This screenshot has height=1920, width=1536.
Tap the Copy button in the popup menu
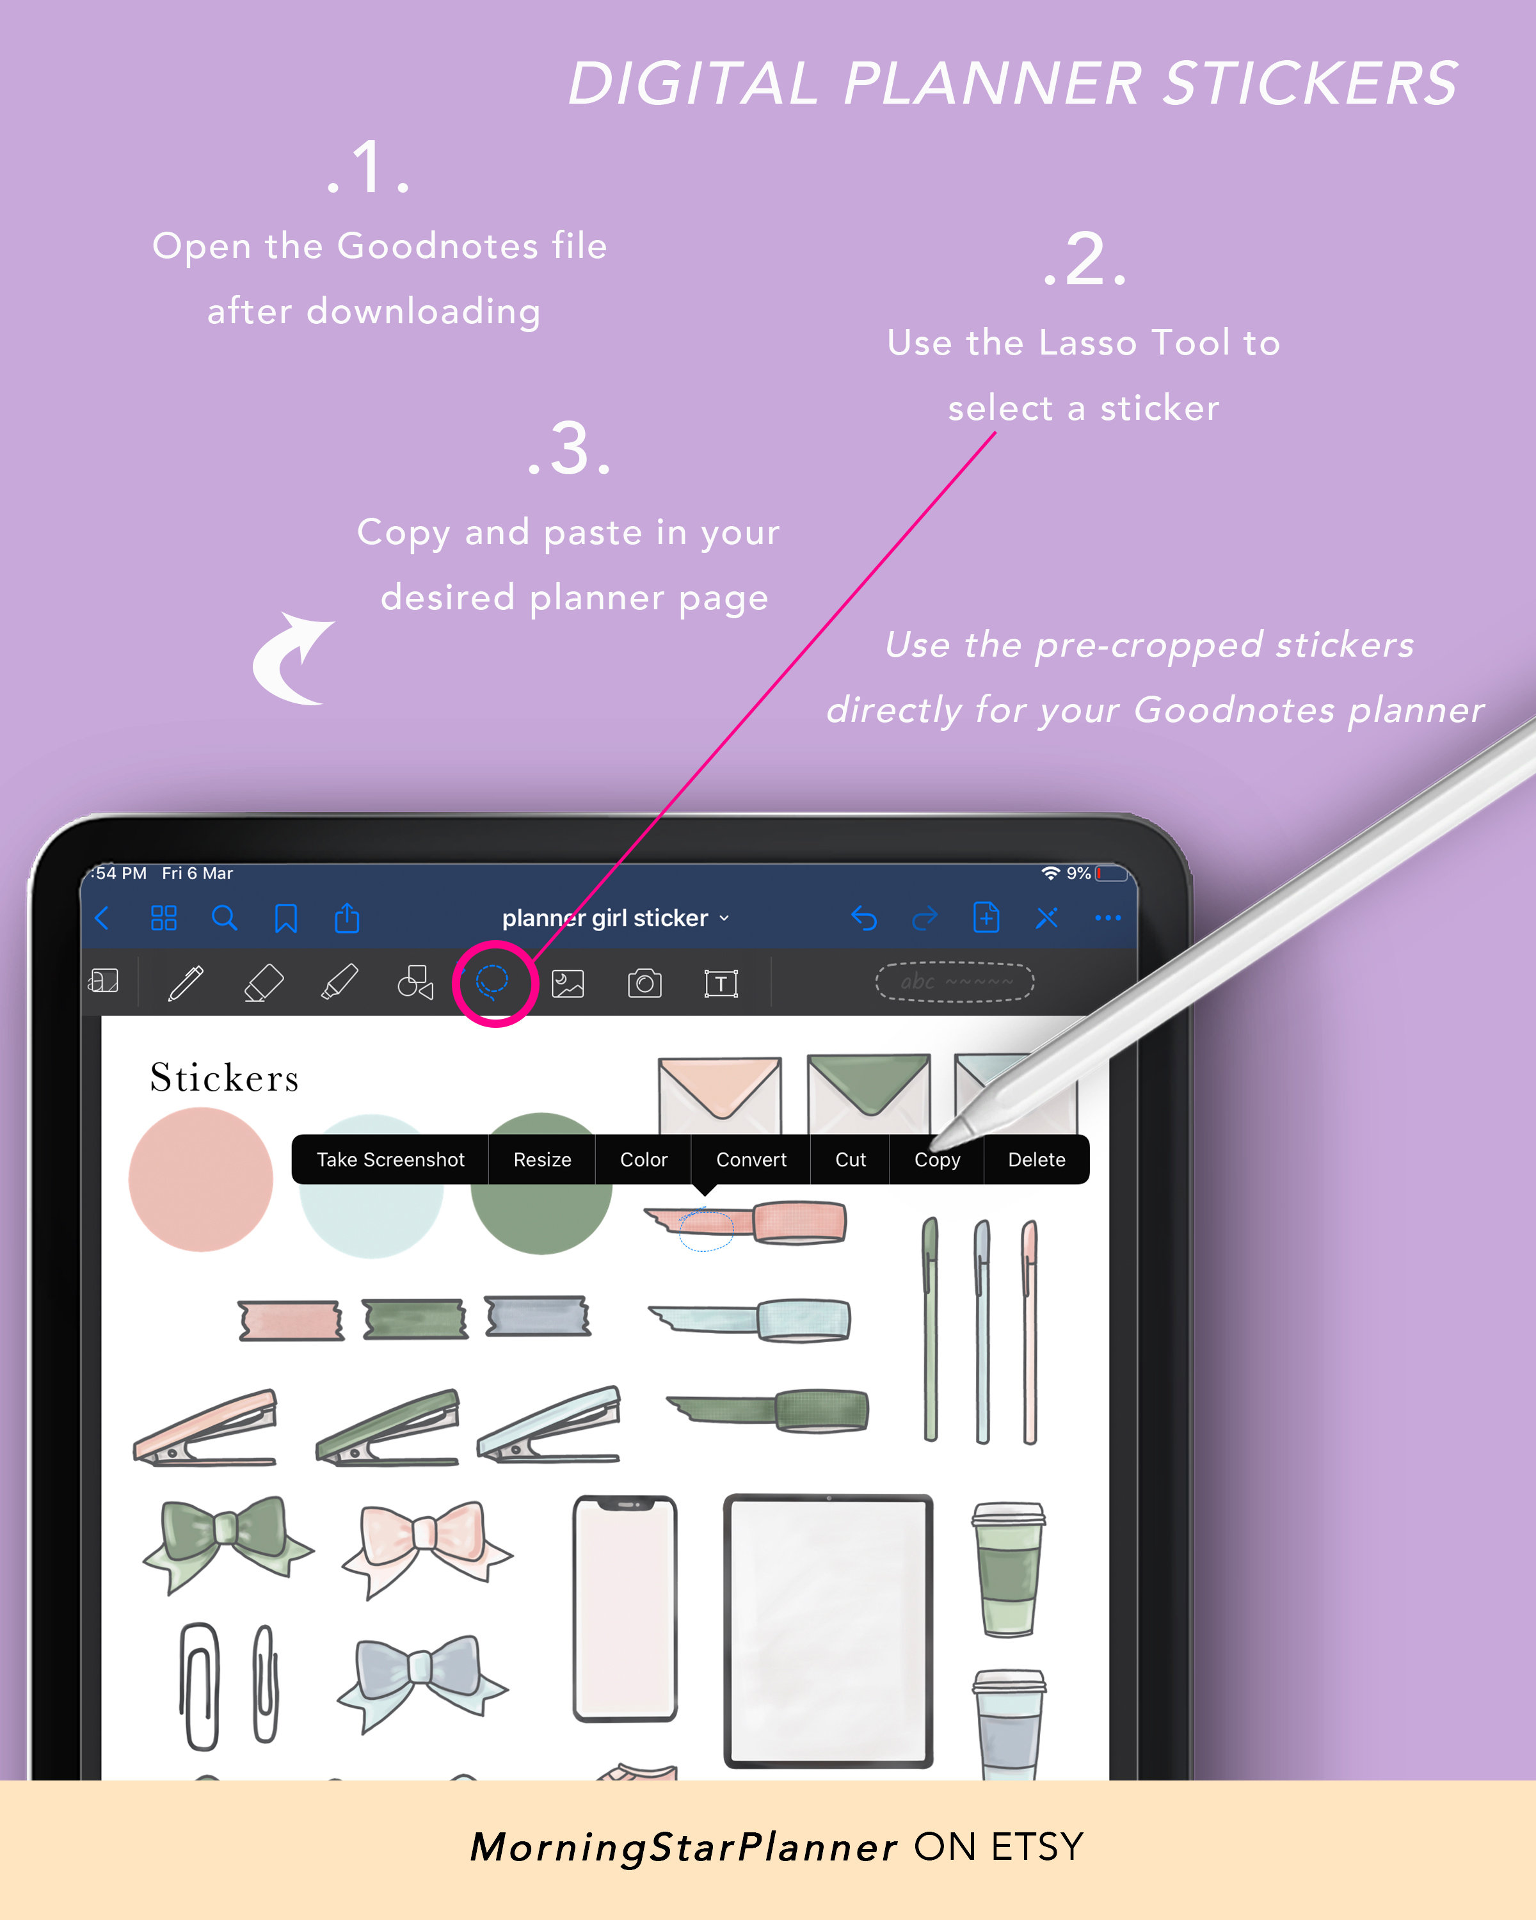point(937,1160)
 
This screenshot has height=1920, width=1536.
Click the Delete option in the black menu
point(1036,1160)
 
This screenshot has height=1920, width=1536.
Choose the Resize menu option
point(541,1160)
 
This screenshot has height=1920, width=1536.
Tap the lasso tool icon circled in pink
point(492,982)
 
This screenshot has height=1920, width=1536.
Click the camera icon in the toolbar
point(644,983)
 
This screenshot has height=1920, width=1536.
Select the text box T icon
point(721,983)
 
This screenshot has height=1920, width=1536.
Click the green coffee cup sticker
point(1008,1569)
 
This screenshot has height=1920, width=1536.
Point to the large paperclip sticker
point(200,1685)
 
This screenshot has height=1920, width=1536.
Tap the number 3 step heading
point(570,450)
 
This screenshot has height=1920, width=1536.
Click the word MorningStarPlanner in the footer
point(683,1847)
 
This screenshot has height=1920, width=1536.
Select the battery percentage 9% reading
point(1078,874)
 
